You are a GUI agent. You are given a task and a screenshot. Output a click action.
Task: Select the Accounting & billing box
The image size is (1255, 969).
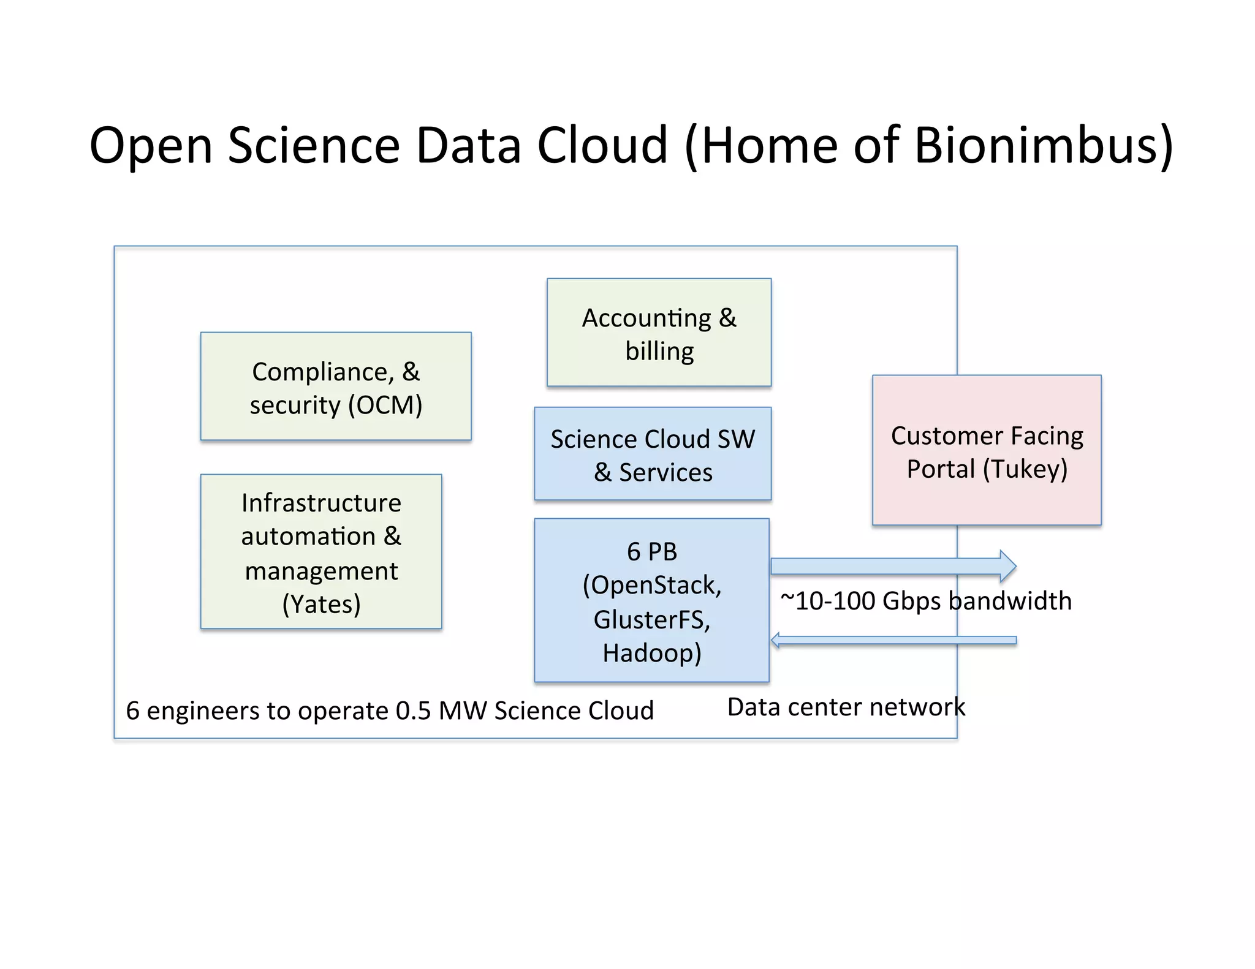[x=659, y=333]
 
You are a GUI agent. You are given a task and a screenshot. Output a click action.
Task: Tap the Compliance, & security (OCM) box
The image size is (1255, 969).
[x=335, y=386]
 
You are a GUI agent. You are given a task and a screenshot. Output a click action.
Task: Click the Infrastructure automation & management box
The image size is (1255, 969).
[x=320, y=551]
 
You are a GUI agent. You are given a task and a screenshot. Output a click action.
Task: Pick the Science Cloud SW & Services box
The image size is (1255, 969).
[x=652, y=454]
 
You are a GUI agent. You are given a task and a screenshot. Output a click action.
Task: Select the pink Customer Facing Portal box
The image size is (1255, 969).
[x=987, y=450]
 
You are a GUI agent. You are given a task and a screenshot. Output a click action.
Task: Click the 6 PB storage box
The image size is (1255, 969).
[x=651, y=600]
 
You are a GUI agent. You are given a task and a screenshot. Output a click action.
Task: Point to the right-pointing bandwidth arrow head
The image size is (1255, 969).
[x=1007, y=566]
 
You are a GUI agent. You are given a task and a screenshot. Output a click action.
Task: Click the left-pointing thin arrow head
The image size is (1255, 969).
[x=776, y=641]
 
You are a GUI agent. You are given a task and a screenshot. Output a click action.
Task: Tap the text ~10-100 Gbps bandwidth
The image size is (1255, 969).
[x=926, y=601]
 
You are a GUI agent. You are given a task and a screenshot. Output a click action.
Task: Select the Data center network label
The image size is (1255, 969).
[x=846, y=707]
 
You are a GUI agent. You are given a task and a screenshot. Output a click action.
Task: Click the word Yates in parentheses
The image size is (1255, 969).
[x=322, y=605]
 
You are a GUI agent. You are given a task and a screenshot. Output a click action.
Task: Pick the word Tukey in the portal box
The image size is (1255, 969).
[x=1025, y=469]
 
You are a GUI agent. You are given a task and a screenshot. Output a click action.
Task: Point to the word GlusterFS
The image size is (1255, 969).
[x=648, y=619]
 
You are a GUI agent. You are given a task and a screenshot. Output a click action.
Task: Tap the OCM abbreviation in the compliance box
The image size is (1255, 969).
[x=385, y=405]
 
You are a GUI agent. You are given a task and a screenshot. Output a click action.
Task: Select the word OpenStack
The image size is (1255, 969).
[x=654, y=585]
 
